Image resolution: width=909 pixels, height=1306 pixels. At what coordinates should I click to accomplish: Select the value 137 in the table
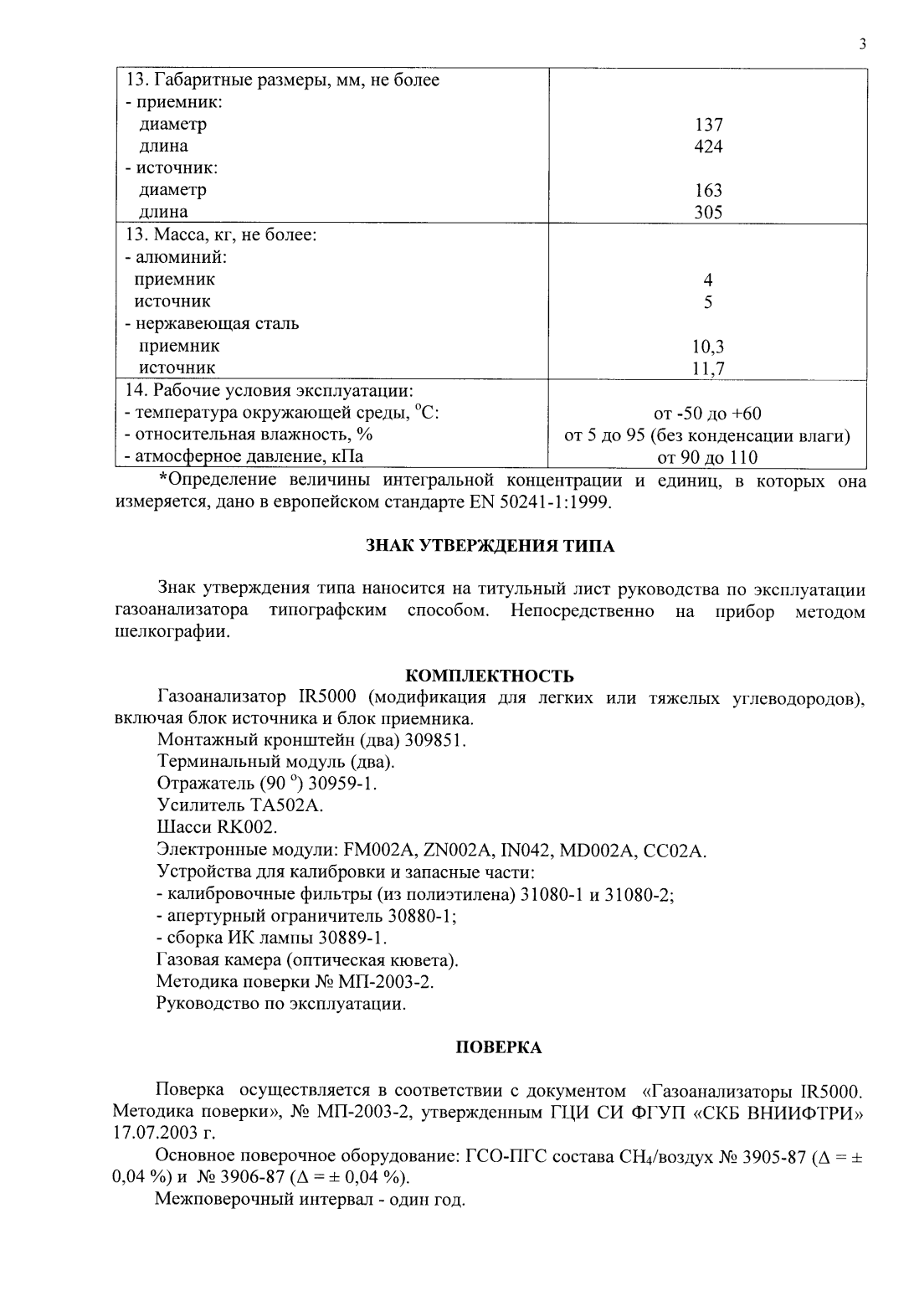coord(708,125)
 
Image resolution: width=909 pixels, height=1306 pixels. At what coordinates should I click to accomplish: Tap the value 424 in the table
coord(708,147)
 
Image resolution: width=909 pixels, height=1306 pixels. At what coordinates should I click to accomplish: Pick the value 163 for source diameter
coord(708,191)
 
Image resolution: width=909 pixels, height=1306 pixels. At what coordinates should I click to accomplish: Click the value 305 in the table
coord(708,213)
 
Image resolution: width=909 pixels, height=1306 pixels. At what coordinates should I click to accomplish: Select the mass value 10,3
coord(708,346)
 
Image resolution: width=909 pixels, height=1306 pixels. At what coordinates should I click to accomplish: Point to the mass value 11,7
coord(708,368)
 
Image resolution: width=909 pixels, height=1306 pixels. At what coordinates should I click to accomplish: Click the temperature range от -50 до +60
coord(708,414)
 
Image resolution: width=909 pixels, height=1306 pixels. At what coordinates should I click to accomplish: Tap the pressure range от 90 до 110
coord(708,457)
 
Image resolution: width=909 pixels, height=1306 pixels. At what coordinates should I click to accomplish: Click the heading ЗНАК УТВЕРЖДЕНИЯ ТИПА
coord(490,547)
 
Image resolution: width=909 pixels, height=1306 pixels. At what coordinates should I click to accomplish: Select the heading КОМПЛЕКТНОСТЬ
coord(490,676)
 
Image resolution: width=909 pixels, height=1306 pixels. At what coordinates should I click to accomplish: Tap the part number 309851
coord(435,741)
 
